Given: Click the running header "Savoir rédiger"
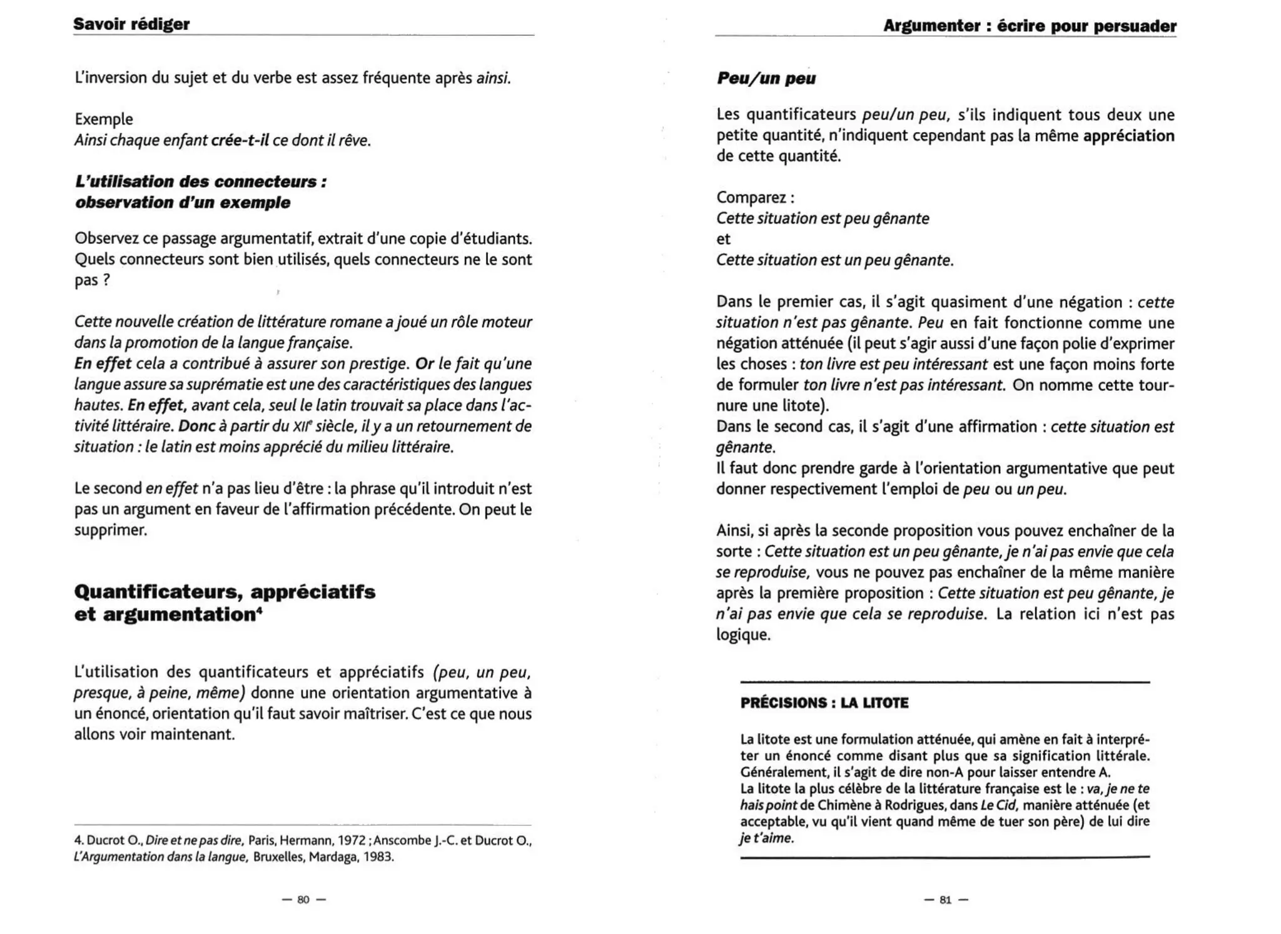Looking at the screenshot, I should coord(131,24).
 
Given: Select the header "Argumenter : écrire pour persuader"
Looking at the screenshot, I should coord(1030,26).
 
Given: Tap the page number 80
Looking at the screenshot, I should coord(303,900).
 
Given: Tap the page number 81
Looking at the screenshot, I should coord(945,900).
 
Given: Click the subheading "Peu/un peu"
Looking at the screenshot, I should coord(766,78).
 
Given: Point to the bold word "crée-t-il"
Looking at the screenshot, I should coord(240,140).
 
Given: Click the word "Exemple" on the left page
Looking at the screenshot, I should coord(104,119).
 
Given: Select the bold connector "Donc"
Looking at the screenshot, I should coord(198,426).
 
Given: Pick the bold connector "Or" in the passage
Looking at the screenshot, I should coord(424,363).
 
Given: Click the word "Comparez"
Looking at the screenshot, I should coord(752,197).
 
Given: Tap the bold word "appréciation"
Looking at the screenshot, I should coord(1128,136).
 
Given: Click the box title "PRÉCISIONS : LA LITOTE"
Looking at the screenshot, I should coord(824,703).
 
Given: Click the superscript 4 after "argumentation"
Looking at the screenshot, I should coord(259,610).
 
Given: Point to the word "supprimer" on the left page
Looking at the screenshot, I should coord(110,530).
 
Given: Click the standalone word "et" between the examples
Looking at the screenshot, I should coord(723,239).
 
